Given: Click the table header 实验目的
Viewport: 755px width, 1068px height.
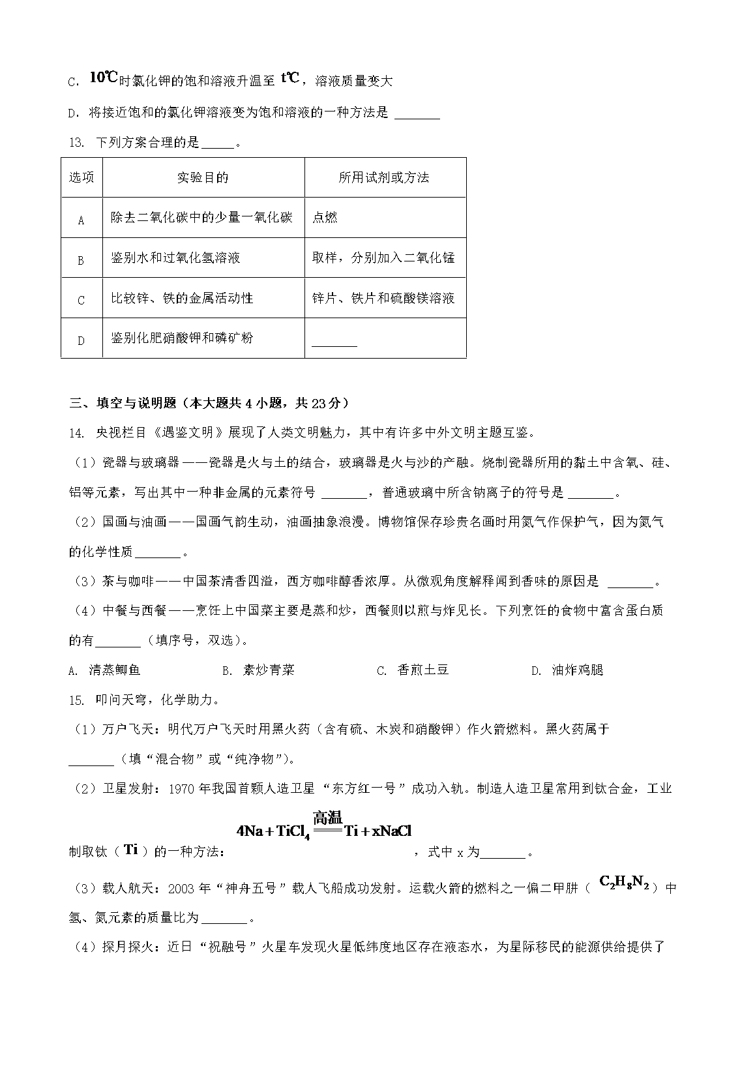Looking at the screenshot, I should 203,178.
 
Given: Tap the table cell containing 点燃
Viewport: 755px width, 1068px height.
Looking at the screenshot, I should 325,218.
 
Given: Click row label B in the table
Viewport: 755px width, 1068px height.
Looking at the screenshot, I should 81,260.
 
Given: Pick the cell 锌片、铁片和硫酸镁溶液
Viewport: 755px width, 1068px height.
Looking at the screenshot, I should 383,299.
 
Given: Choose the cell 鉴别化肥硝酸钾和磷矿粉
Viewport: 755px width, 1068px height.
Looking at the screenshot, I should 182,338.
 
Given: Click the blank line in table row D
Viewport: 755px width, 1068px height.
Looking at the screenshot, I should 334,344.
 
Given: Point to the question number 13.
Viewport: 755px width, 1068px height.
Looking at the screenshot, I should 77,143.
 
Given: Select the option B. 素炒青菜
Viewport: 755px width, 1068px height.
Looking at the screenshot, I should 258,670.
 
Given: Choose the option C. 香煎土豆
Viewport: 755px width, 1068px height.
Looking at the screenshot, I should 413,670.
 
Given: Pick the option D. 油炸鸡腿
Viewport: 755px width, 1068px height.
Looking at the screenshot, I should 567,670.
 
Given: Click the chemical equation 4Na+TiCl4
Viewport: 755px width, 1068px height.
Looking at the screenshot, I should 324,830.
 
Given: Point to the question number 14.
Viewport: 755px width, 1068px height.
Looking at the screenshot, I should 77,433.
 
